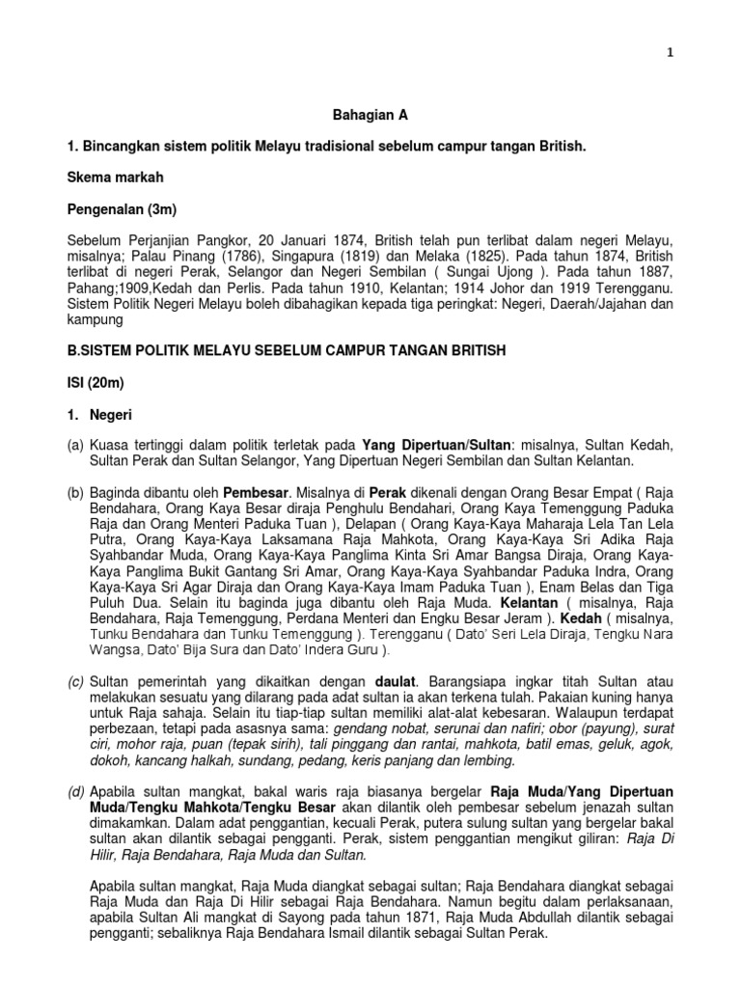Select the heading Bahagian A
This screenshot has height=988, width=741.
point(370,115)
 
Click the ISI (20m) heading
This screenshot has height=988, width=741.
point(96,383)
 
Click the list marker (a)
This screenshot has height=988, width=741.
point(75,445)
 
